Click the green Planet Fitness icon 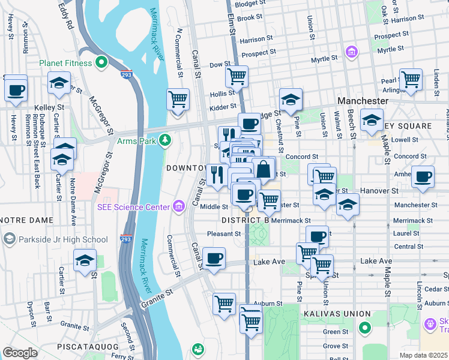coord(102,62)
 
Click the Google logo coord(20,353)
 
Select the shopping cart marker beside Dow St coord(237,77)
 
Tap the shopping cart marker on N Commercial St coord(178,99)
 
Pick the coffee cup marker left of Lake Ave coord(214,259)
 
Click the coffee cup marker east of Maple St coord(423,177)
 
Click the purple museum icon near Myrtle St coord(351,52)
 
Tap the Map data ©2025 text coord(423,355)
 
